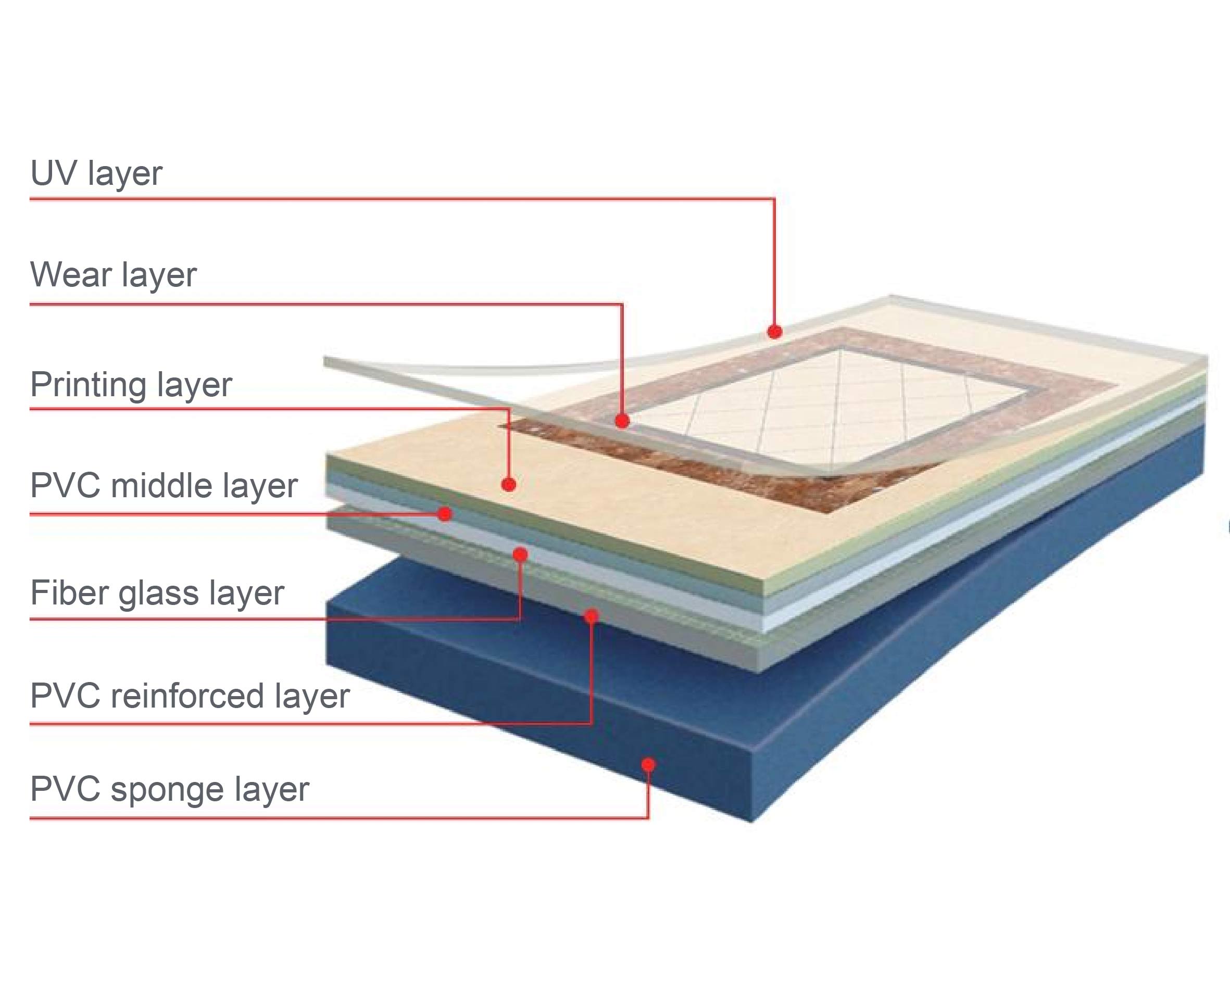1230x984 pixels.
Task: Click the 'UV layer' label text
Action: pyautogui.click(x=96, y=173)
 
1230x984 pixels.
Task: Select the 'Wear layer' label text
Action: pyautogui.click(x=113, y=275)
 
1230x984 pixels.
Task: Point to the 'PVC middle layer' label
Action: pyautogui.click(x=164, y=486)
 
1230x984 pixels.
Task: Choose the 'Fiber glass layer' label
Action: pyautogui.click(x=157, y=592)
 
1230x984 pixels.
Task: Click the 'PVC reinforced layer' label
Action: pyautogui.click(x=190, y=696)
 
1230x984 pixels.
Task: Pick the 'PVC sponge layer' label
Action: pyautogui.click(x=169, y=789)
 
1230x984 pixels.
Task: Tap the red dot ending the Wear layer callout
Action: pyautogui.click(x=622, y=422)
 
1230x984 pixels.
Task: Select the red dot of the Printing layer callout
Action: pyautogui.click(x=509, y=484)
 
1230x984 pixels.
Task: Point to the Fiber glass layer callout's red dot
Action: pyautogui.click(x=520, y=554)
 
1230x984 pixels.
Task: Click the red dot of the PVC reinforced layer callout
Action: pyautogui.click(x=592, y=615)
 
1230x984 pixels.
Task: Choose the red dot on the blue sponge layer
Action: pyautogui.click(x=648, y=764)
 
